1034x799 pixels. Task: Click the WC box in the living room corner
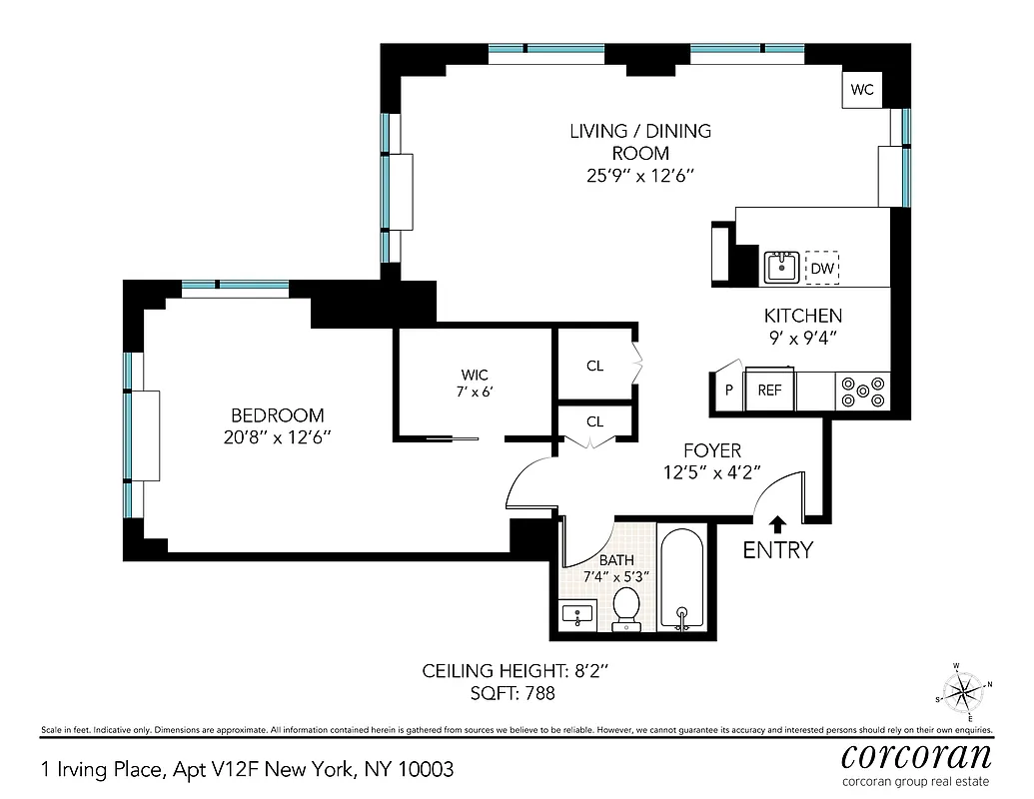[x=862, y=90]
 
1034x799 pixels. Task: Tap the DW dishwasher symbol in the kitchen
[x=822, y=269]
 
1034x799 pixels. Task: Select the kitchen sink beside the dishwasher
[x=780, y=268]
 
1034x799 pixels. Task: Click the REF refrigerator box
[x=769, y=391]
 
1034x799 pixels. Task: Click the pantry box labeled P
[x=728, y=391]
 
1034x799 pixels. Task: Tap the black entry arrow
[x=777, y=523]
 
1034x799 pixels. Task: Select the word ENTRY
[x=777, y=550]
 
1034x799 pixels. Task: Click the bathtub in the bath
[x=683, y=580]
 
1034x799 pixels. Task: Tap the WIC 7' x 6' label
[x=474, y=383]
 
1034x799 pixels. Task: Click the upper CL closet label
[x=595, y=366]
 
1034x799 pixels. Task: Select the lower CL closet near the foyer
[x=595, y=421]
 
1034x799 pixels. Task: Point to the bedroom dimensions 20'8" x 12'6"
[x=277, y=436]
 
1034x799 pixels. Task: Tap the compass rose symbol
[x=963, y=690]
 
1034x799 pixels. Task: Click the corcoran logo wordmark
[x=917, y=754]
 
